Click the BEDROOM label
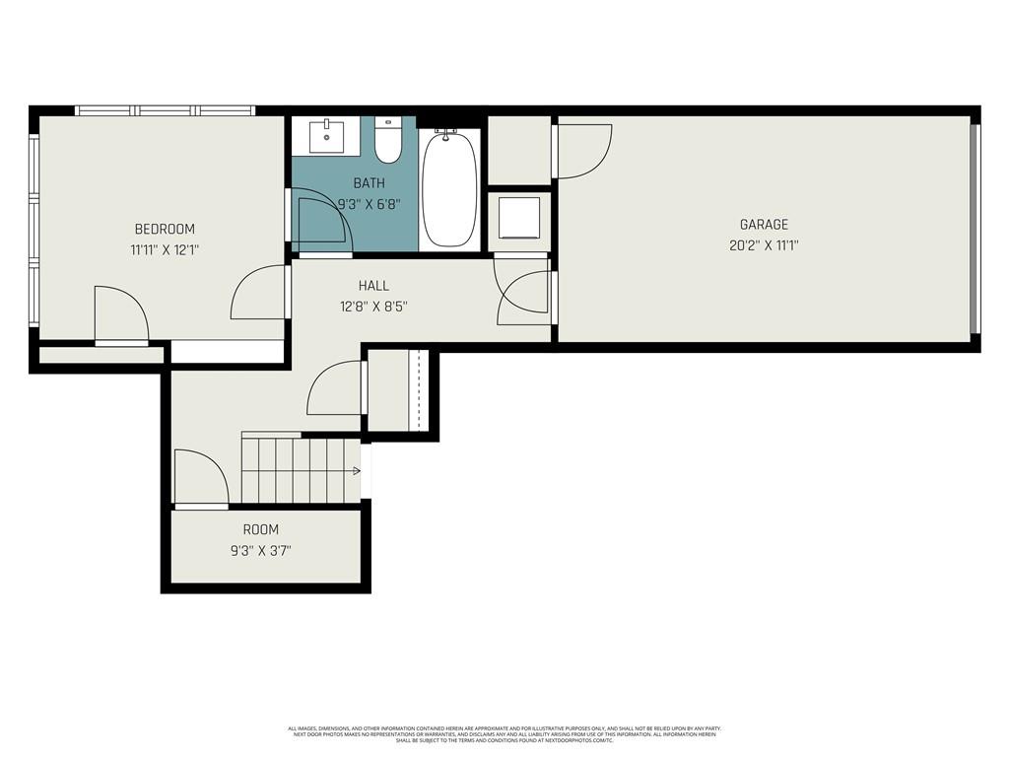pos(165,229)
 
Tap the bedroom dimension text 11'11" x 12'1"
pos(165,250)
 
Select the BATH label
pos(370,183)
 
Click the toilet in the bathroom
pos(388,144)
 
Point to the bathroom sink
pos(326,137)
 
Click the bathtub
pos(450,189)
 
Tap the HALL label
pos(373,286)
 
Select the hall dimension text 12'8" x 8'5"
pos(373,307)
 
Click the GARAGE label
pos(764,225)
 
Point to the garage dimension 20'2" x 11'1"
pos(764,246)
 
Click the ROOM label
pos(261,529)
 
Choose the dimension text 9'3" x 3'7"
pos(261,550)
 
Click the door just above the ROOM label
pos(200,478)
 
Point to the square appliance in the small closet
pos(519,218)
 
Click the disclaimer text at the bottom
pos(504,734)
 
